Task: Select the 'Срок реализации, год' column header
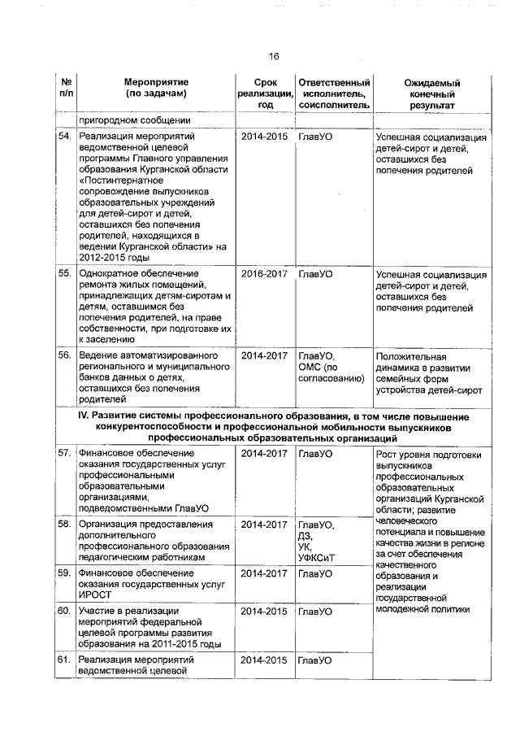coord(264,94)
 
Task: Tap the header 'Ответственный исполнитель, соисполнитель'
coord(333,94)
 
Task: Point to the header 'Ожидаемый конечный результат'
coord(431,94)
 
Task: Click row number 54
coord(64,137)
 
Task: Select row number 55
coord(64,274)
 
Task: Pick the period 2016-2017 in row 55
coord(264,274)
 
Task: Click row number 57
coord(64,452)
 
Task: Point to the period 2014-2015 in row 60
coord(264,610)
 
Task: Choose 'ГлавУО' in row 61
coord(315,660)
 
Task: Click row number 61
coord(64,660)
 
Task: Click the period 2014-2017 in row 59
coord(264,573)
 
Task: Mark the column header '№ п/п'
coord(65,88)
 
